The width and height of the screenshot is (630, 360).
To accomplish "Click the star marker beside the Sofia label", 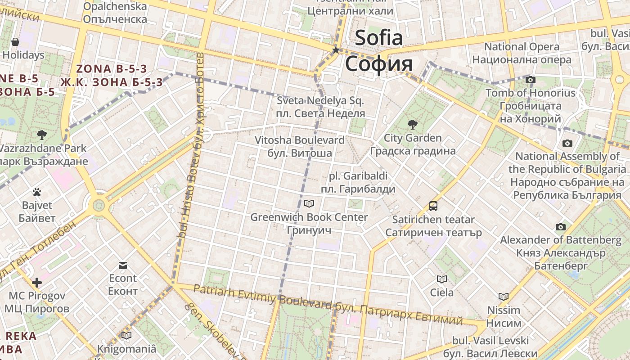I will pos(336,50).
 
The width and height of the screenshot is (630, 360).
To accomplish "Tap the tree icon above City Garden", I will pos(412,125).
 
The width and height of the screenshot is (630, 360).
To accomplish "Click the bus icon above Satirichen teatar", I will pos(433,206).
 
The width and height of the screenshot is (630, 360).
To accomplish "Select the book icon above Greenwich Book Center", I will pos(309,204).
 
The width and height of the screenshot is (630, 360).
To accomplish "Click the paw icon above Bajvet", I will pos(37,193).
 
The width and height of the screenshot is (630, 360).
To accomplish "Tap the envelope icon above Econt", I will pos(123,265).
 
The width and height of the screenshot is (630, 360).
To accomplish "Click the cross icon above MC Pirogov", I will pos(37,283).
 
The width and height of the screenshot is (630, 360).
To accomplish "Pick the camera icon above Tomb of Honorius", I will pos(531,80).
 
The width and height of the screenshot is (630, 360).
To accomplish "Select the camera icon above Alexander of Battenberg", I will pos(560,227).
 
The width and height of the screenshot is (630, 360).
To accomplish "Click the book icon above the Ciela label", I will pos(442,279).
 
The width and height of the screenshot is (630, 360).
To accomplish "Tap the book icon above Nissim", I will pos(504,297).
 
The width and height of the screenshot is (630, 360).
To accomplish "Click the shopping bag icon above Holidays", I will pos(15,42).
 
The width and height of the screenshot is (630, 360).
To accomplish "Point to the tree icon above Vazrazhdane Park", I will pos(42,135).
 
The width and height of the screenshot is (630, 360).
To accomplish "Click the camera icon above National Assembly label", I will pos(567,143).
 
